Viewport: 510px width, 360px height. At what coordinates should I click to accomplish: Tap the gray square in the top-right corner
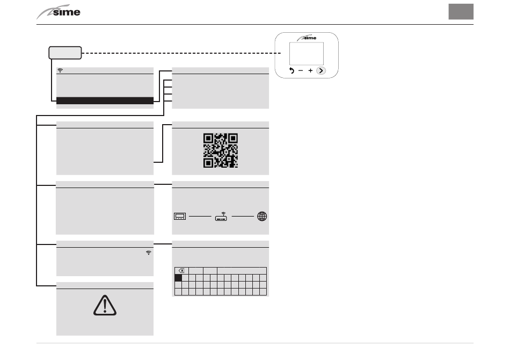point(461,12)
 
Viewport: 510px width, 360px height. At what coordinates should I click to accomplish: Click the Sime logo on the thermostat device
point(307,38)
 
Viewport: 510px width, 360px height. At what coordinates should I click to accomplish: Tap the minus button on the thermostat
point(301,70)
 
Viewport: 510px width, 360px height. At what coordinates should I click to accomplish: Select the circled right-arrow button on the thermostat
point(320,70)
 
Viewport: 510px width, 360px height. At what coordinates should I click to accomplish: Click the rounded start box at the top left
point(65,53)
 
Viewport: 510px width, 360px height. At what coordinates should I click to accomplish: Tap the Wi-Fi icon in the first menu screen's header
point(60,70)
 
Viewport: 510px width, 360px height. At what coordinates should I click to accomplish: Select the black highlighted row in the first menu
point(105,100)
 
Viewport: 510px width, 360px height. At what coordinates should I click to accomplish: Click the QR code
point(220,150)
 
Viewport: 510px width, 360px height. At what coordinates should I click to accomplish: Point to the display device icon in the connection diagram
point(179,217)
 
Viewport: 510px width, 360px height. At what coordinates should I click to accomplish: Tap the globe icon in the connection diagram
point(262,216)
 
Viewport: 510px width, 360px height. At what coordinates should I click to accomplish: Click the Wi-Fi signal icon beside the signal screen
point(148,252)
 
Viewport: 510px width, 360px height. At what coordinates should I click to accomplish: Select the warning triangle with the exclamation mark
point(105,305)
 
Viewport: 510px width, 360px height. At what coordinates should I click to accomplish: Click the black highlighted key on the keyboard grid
point(178,278)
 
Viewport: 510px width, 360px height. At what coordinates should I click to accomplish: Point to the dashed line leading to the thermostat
point(177,53)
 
